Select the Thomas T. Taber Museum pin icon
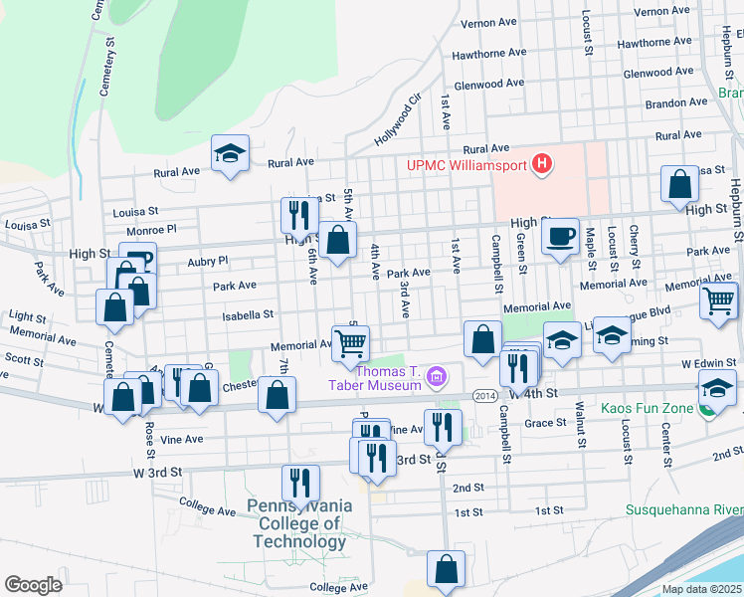[x=435, y=377]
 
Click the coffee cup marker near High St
[x=560, y=238]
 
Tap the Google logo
[x=33, y=585]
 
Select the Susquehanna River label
[x=683, y=510]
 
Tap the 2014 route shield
[x=484, y=395]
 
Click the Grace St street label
[x=545, y=423]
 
